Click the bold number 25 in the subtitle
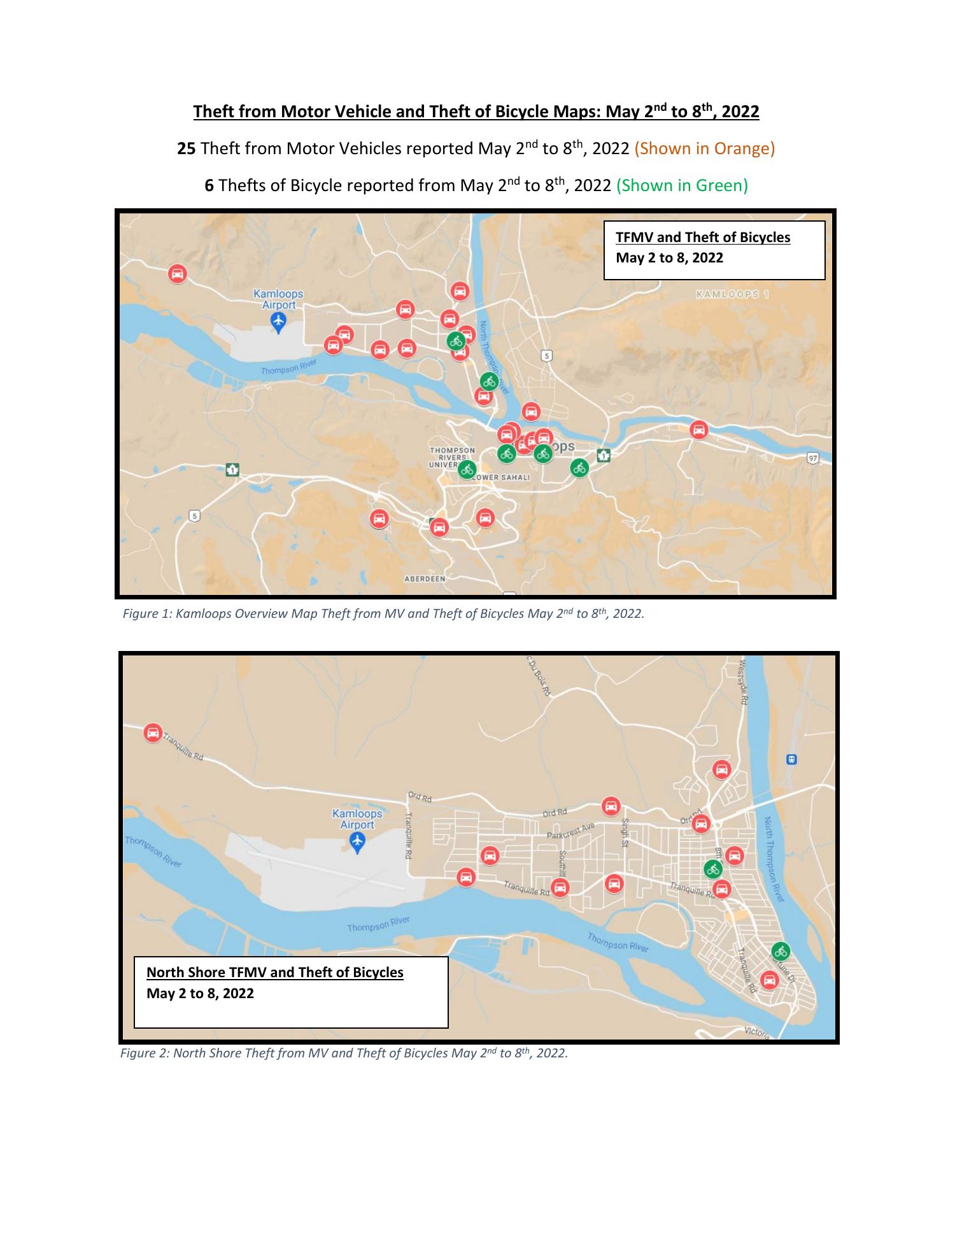(x=186, y=149)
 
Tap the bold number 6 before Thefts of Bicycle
(x=209, y=186)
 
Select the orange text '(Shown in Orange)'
(x=704, y=149)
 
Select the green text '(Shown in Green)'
(x=682, y=186)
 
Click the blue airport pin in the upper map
(x=278, y=322)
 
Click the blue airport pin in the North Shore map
(x=357, y=842)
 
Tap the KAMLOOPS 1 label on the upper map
(x=733, y=294)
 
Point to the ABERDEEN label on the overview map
(x=425, y=578)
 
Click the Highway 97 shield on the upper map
(x=812, y=458)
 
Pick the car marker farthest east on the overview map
(x=699, y=430)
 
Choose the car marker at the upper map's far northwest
(x=177, y=274)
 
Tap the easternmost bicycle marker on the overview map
(x=579, y=468)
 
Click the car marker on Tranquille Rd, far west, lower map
(x=153, y=733)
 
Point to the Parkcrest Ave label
(x=570, y=830)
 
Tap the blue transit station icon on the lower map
(x=792, y=759)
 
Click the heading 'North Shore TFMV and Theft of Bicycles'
(x=274, y=973)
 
